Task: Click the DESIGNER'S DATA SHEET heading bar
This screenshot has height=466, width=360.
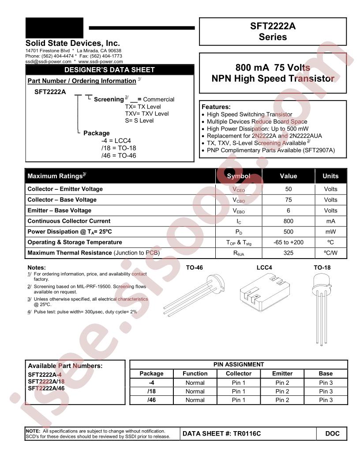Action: [109, 70]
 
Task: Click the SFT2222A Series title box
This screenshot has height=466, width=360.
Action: [273, 32]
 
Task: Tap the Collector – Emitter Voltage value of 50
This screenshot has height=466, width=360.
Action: [288, 189]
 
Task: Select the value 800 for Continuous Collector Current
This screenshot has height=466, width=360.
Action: [288, 221]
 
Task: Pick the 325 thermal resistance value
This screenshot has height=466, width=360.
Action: [288, 253]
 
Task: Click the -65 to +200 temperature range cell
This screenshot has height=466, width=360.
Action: [288, 242]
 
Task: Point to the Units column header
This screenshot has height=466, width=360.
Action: [330, 176]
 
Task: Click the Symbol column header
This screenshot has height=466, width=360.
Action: [238, 176]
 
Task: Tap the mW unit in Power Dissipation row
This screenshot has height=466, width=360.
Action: [330, 232]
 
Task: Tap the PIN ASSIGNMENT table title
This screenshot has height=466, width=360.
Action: [239, 365]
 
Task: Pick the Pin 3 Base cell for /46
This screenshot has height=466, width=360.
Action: [326, 400]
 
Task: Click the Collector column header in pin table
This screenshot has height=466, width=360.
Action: [239, 373]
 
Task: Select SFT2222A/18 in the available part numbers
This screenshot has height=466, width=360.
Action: [46, 381]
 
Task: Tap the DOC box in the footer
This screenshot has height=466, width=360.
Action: [332, 434]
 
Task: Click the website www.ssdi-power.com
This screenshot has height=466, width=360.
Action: [101, 62]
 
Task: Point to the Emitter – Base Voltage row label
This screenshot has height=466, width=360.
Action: [60, 210]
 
